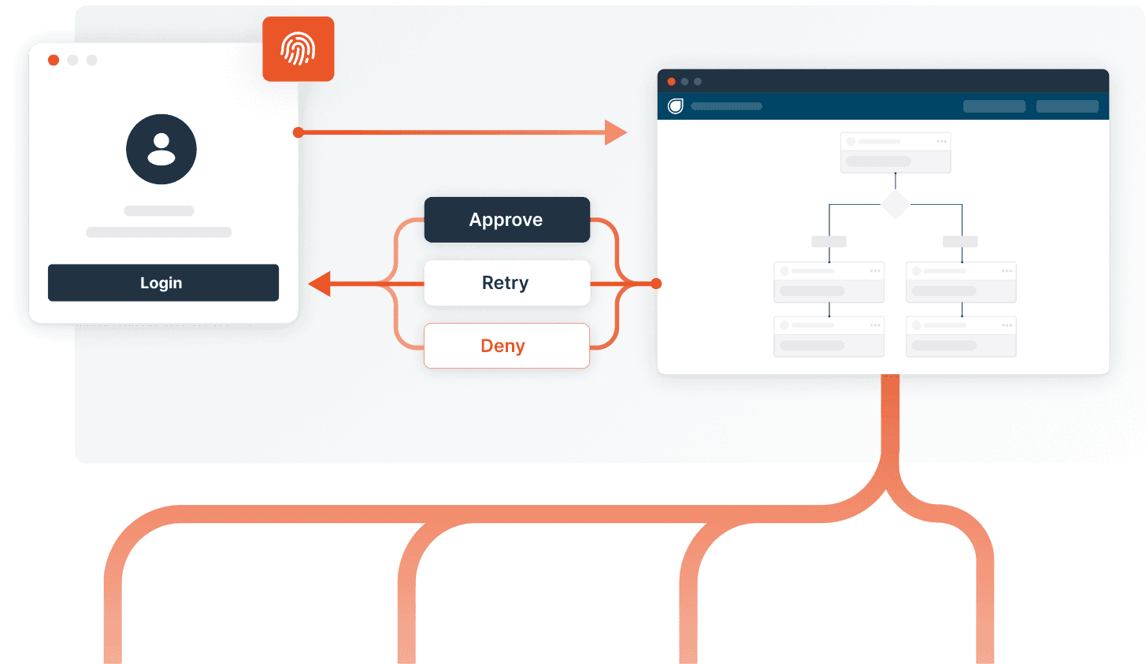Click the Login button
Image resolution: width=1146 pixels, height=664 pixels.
click(x=163, y=283)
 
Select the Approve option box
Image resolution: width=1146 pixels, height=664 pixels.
click(x=506, y=220)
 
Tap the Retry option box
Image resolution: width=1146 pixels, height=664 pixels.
click(x=506, y=283)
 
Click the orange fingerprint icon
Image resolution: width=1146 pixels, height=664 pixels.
click(x=299, y=49)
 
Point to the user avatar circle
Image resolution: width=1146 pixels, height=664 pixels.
click(x=161, y=150)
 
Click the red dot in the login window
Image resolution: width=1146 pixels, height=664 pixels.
click(x=54, y=61)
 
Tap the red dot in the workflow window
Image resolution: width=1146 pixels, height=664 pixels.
click(x=671, y=81)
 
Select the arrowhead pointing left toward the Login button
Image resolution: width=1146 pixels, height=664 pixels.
click(x=319, y=283)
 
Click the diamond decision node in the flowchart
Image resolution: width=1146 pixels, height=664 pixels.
click(x=895, y=204)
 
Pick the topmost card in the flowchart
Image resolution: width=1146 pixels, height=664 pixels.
click(x=896, y=153)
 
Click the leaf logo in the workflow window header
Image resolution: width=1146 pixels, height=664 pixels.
click(x=675, y=106)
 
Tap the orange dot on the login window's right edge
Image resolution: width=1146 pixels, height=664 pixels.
click(x=299, y=132)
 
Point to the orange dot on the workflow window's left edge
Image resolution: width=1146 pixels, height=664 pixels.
click(x=657, y=283)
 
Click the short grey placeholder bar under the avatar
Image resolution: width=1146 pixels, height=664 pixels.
click(x=159, y=211)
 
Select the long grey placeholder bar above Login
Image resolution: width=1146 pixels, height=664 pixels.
click(x=159, y=232)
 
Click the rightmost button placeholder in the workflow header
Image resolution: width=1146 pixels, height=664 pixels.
click(x=1067, y=106)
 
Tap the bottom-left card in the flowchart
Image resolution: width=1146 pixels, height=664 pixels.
click(x=829, y=336)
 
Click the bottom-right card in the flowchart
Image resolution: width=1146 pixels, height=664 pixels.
click(x=961, y=336)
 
